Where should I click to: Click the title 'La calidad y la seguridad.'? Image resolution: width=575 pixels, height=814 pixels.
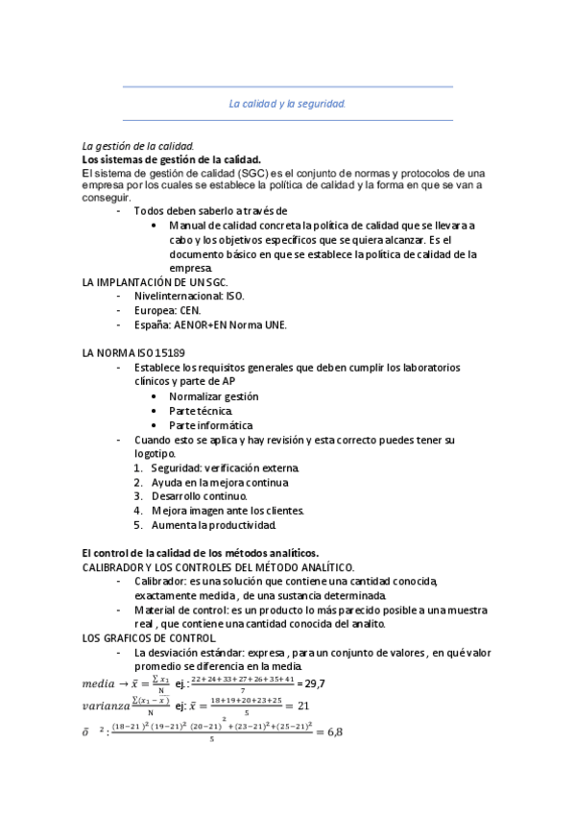tap(287, 103)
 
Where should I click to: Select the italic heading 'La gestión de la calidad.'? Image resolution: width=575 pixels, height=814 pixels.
tap(139, 146)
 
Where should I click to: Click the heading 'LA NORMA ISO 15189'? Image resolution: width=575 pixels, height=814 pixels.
tap(134, 353)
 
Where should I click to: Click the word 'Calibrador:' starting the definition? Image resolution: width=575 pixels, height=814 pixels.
tap(160, 582)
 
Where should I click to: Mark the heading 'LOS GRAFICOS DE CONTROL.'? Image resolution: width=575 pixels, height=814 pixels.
tap(150, 638)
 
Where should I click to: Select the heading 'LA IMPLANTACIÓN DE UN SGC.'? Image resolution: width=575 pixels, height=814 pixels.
tap(156, 283)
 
